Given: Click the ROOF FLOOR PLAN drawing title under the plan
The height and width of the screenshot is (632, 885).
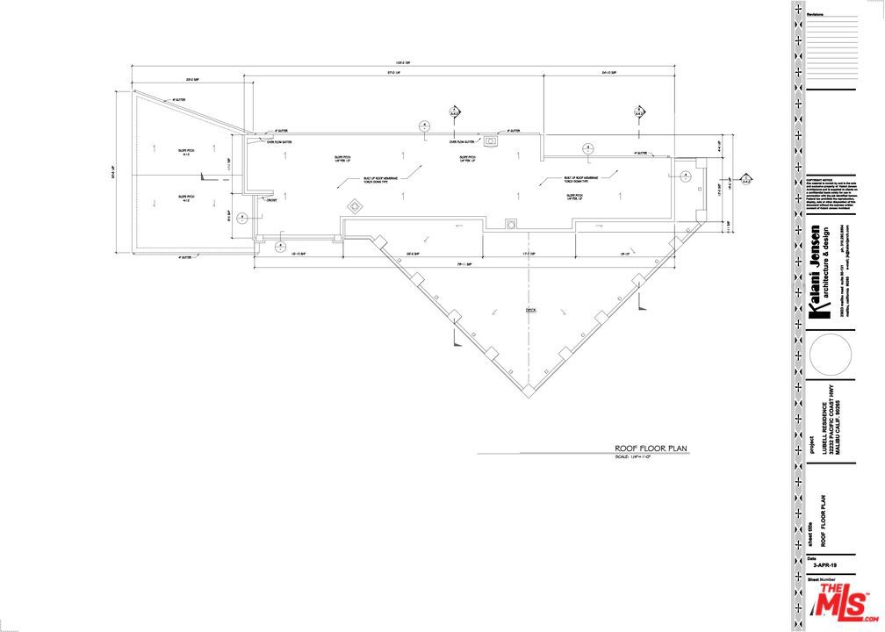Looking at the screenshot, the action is click(651, 449).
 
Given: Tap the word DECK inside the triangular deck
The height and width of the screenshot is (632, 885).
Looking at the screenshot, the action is click(529, 311).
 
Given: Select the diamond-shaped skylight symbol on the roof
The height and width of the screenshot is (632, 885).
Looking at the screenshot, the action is click(354, 206).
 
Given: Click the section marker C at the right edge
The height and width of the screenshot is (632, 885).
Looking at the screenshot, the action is click(745, 179).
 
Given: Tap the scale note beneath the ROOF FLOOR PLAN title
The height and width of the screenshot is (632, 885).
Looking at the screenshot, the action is click(632, 457).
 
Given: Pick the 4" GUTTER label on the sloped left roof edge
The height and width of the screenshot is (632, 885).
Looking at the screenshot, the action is click(179, 100).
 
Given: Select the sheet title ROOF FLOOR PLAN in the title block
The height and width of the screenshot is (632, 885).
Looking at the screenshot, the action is click(823, 521).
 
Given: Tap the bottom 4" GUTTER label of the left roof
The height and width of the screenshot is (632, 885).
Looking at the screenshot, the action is click(184, 258).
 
